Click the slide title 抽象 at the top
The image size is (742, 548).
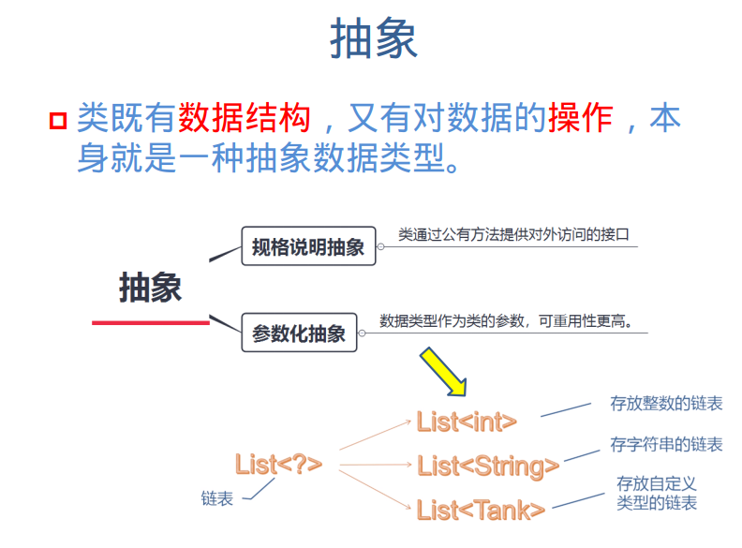(373, 40)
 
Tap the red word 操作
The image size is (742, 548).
(581, 119)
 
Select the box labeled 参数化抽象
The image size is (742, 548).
(299, 333)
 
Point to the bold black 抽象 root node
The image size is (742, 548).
(150, 289)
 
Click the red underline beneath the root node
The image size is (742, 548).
(150, 323)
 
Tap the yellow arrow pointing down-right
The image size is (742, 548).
(442, 372)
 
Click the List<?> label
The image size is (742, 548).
(278, 463)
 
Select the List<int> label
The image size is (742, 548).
(467, 422)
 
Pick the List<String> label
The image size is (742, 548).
(488, 466)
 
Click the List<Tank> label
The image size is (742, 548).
(481, 510)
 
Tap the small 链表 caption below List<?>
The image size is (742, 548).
(216, 499)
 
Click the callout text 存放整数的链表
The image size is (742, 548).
(666, 404)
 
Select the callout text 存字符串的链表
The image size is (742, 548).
(666, 444)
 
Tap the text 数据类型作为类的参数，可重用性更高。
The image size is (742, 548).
(514, 320)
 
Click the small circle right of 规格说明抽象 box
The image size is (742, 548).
(381, 248)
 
